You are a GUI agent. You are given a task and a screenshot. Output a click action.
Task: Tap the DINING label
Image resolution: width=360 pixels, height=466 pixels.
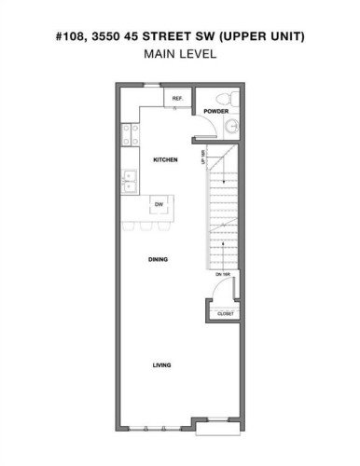[x=158, y=259]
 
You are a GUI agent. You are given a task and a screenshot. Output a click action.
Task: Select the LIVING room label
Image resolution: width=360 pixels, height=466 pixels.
[x=162, y=364]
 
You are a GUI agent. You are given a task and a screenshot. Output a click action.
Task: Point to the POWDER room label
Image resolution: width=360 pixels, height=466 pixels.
[x=216, y=112]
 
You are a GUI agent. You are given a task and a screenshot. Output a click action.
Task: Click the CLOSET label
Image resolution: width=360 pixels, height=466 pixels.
[x=227, y=315]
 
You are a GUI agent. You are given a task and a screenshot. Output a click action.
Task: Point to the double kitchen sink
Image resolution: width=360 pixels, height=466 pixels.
[x=130, y=178]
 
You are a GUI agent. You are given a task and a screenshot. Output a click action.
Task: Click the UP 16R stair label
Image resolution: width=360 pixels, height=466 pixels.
[x=202, y=159]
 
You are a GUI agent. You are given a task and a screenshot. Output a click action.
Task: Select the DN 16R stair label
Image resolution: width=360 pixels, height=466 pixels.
[x=224, y=274]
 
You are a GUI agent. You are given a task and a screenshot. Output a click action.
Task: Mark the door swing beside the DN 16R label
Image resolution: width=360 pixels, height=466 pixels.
[x=215, y=291]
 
